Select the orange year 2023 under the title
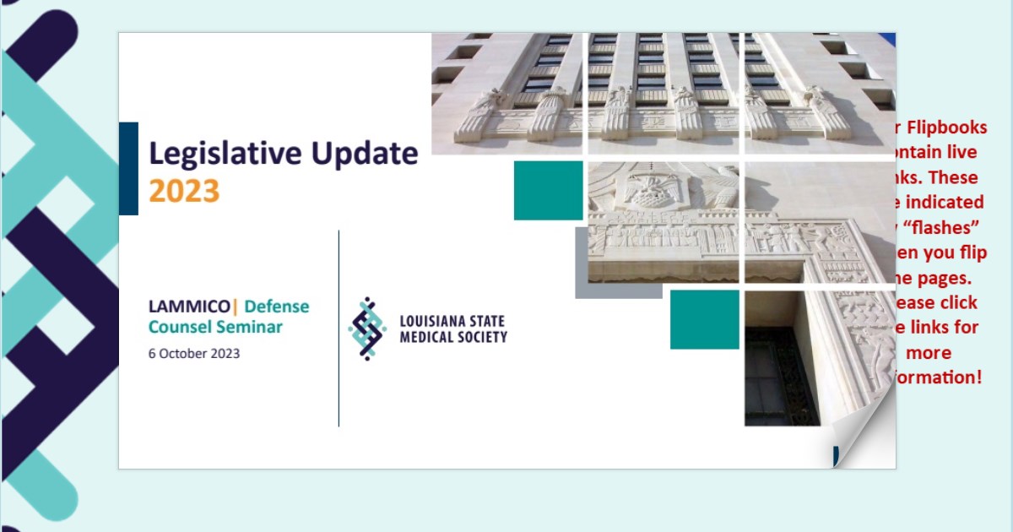click(184, 192)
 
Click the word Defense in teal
click(277, 307)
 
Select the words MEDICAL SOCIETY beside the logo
click(453, 337)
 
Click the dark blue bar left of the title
click(128, 168)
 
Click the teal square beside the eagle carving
click(548, 190)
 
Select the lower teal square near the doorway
click(704, 319)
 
